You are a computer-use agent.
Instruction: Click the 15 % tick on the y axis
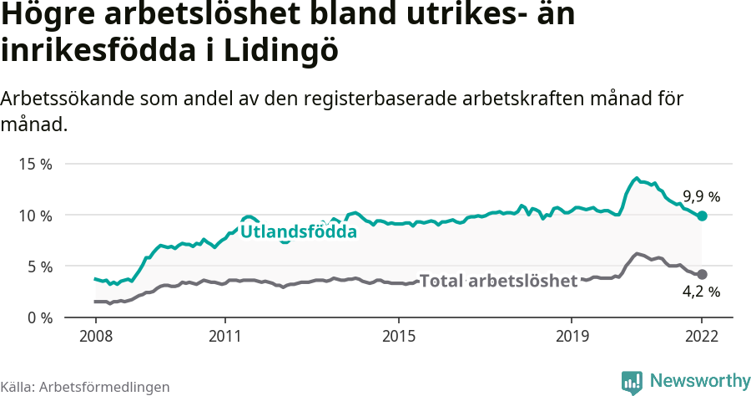point(35,164)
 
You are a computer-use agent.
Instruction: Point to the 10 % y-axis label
point(35,216)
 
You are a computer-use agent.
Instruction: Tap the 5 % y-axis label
point(38,267)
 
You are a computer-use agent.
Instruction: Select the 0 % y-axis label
point(38,317)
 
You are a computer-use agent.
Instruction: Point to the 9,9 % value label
point(701,197)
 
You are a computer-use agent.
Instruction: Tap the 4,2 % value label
point(701,292)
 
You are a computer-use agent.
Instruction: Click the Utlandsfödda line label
point(299,231)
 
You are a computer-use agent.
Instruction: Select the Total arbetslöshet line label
point(498,281)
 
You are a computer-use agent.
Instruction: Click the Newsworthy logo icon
point(632,382)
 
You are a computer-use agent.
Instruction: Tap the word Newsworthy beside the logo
point(699,381)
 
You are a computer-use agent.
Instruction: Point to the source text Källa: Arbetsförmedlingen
point(84,387)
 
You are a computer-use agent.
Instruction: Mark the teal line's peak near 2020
point(636,178)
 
